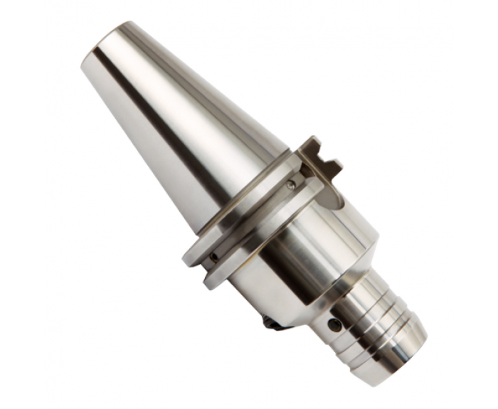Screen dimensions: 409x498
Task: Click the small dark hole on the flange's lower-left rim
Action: [x=213, y=257]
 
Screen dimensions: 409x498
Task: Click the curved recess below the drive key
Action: [x=334, y=203]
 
